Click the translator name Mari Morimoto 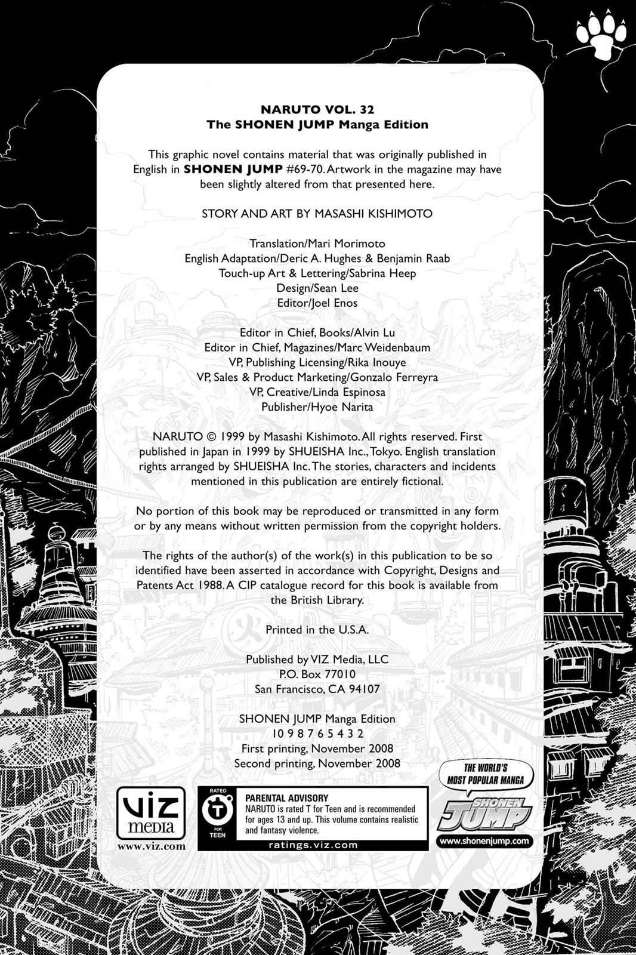(347, 244)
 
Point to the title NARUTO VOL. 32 (317, 110)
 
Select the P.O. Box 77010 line (317, 674)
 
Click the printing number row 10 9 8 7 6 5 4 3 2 (317, 734)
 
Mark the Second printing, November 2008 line (317, 763)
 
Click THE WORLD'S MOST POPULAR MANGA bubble (486, 774)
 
